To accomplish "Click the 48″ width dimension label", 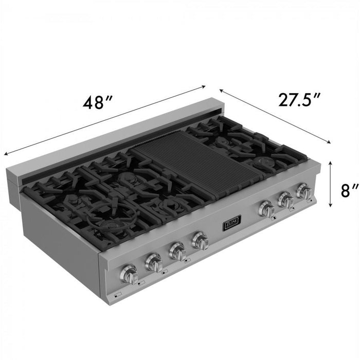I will click(98, 103).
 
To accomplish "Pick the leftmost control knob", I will click(129, 275).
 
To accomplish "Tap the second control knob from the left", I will click(154, 263).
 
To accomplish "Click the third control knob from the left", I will click(177, 251).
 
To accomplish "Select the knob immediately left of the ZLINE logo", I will click(200, 240).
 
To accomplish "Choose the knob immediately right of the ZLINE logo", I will click(266, 208).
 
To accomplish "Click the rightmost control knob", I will click(304, 192).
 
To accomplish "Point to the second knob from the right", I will click(286, 200).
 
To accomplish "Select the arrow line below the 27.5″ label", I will click(276, 114).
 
